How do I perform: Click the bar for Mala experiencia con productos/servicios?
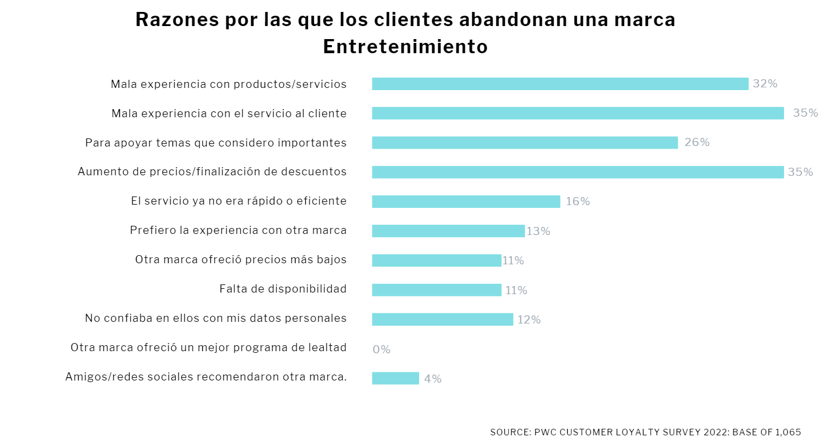point(560,84)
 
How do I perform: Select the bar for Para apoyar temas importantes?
point(524,143)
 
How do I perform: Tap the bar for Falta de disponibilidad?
point(436,290)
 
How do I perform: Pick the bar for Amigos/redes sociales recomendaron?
point(395,378)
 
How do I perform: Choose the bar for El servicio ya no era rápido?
point(466,201)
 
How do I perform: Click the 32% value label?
point(765,84)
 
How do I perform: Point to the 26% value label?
point(697,142)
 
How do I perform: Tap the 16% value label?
point(577,201)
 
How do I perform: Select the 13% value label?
point(538,231)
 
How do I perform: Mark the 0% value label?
point(381,350)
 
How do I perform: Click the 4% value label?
point(433,379)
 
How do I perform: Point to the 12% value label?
point(529,320)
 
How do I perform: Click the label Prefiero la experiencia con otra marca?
point(238,230)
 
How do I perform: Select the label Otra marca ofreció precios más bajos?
point(241,259)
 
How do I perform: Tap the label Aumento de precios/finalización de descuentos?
point(212,172)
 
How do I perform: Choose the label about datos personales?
point(216,318)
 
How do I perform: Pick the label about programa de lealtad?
point(208,347)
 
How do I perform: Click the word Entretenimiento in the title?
point(405,47)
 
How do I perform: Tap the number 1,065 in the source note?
point(788,432)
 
